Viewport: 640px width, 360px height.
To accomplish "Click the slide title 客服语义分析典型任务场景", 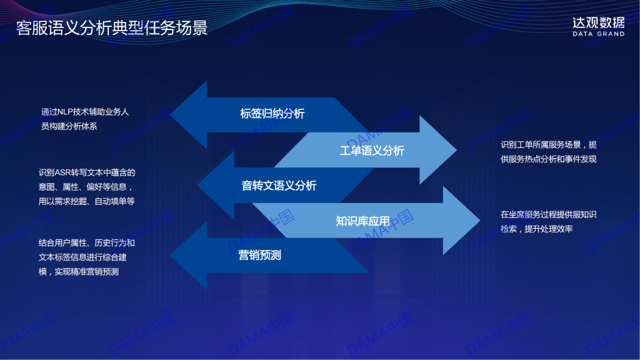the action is click(112, 27).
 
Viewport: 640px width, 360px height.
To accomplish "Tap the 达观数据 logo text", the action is click(598, 22).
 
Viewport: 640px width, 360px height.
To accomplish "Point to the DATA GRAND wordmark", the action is click(598, 34).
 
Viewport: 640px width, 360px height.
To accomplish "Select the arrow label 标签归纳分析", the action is click(272, 114).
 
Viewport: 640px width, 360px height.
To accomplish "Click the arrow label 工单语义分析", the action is click(372, 151).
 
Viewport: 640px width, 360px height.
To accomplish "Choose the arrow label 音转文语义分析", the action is click(279, 186).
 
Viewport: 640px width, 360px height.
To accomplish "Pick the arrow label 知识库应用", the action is click(362, 221).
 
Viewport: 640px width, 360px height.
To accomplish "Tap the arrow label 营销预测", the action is click(259, 255).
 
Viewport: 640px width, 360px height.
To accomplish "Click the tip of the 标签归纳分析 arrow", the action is click(170, 115).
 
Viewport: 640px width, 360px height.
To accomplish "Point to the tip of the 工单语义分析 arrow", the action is click(457, 150).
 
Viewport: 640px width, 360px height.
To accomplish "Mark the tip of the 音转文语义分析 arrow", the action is click(197, 185).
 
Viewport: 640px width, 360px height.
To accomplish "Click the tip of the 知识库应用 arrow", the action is click(480, 221).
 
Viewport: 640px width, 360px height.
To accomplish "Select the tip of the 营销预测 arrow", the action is click(170, 256).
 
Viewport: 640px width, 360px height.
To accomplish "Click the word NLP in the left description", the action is click(65, 112).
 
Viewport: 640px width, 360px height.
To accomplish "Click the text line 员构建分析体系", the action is click(69, 126).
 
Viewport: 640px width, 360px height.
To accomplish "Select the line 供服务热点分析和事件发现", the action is click(549, 159).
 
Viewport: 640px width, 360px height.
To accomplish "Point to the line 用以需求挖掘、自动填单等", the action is click(86, 201).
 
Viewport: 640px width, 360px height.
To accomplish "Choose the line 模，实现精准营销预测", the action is click(78, 272).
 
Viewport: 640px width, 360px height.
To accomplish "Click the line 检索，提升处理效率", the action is click(537, 229).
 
